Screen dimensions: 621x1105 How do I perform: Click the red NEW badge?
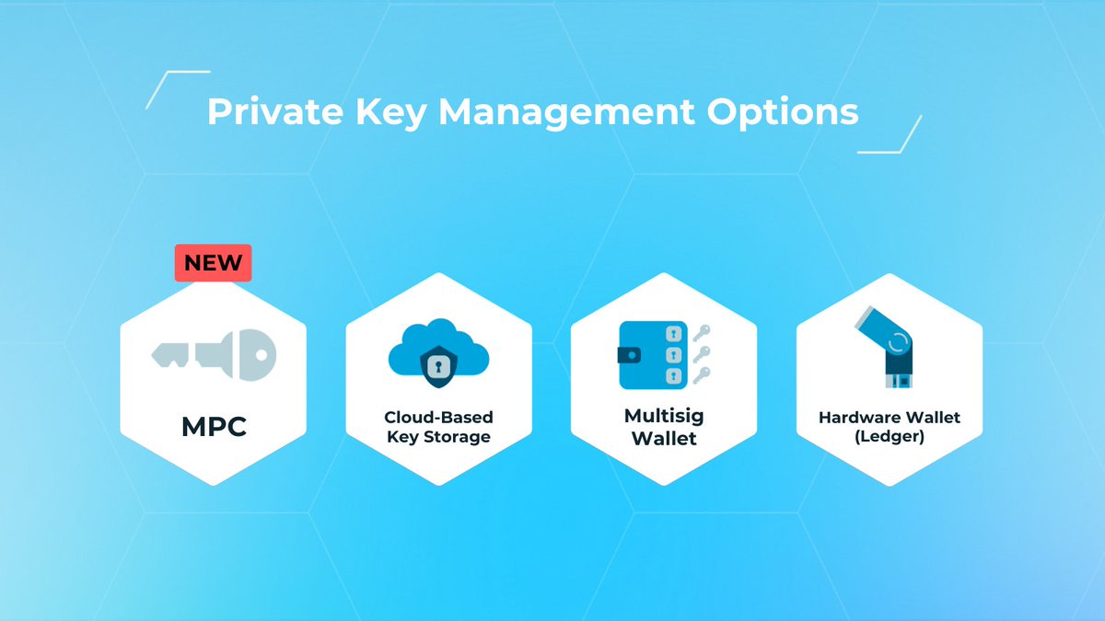click(x=213, y=262)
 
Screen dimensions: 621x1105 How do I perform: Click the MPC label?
click(x=213, y=429)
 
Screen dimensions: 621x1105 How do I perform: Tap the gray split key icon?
click(x=213, y=353)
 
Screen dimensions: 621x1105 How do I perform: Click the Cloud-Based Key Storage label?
click(x=438, y=427)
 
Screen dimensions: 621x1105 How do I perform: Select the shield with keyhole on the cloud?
click(x=438, y=365)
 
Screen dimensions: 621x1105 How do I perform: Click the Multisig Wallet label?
click(x=664, y=427)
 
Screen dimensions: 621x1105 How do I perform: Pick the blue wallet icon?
click(x=653, y=354)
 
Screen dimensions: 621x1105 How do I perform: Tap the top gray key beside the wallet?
click(x=702, y=331)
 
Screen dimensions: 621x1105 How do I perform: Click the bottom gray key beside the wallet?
click(x=702, y=374)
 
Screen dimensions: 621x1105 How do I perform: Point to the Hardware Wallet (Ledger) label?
click(x=890, y=427)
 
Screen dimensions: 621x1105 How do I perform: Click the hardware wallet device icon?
click(x=890, y=347)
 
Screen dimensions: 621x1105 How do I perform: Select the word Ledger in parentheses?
click(x=890, y=437)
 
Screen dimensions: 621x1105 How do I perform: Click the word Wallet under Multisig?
click(x=664, y=438)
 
